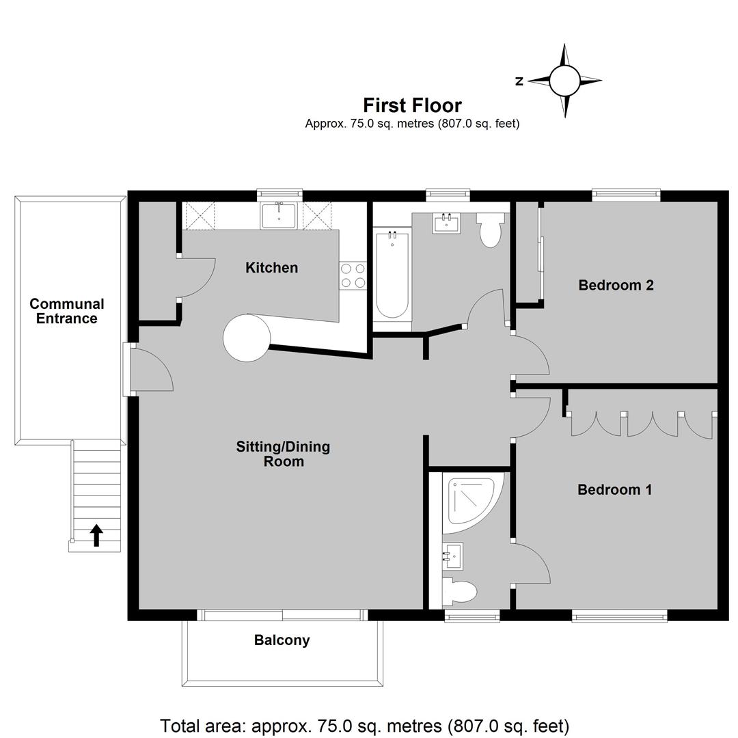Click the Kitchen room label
[271, 268]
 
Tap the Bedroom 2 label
[616, 285]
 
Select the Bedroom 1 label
[615, 490]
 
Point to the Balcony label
[282, 640]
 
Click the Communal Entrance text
[67, 311]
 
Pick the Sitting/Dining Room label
[283, 454]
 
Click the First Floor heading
[412, 105]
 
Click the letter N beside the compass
[519, 81]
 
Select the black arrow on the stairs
[96, 536]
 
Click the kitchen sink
[279, 215]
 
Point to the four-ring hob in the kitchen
[353, 275]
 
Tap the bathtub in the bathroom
[392, 273]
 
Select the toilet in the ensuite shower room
[459, 592]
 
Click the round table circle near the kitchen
[247, 338]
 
